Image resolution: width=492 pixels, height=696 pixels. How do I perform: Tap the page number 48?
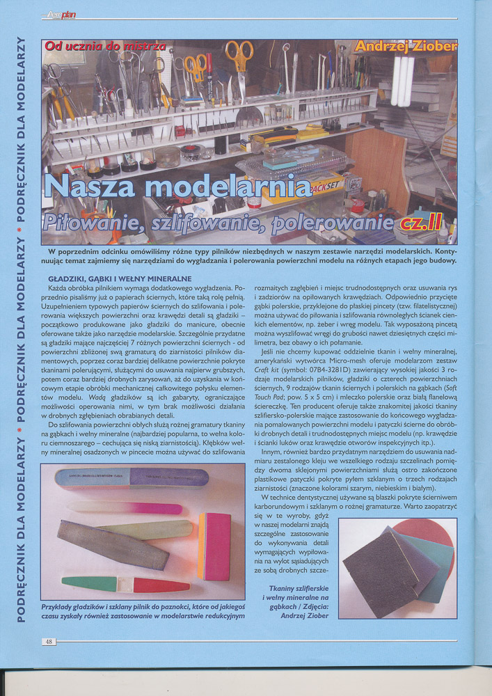(49, 641)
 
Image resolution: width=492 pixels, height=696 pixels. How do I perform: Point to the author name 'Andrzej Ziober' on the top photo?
(405, 47)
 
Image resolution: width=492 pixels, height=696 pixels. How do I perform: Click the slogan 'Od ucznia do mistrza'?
(105, 47)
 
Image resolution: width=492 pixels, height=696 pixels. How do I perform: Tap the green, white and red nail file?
(115, 583)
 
